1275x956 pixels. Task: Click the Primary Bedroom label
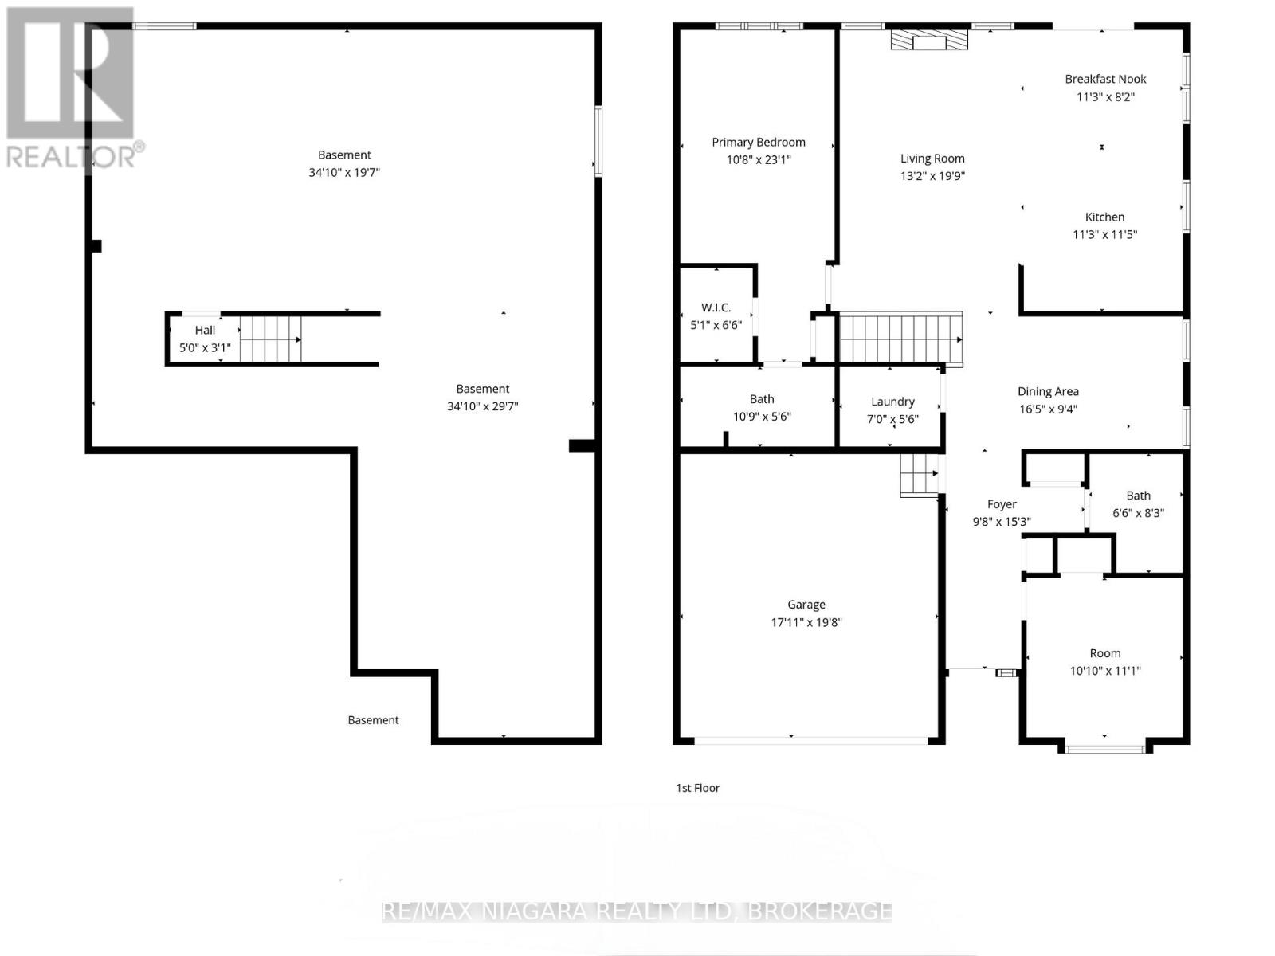[x=758, y=143]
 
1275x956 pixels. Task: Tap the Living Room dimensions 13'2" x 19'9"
[x=932, y=176]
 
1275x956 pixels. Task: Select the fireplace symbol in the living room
[x=929, y=40]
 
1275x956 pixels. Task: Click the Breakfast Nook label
[x=1104, y=79]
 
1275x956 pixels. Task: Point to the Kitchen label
[x=1104, y=217]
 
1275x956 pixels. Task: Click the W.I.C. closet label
[x=716, y=308]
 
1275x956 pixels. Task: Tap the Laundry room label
[x=892, y=402]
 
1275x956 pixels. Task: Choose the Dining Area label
[x=1048, y=392]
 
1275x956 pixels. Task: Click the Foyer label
[x=1002, y=504]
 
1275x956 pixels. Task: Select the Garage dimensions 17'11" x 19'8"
[x=806, y=623]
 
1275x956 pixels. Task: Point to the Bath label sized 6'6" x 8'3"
[x=1138, y=496]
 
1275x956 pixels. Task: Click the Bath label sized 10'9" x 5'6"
[x=762, y=399]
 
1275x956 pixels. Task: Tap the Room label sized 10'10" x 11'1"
[x=1104, y=653]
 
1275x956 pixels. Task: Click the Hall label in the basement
[x=205, y=331]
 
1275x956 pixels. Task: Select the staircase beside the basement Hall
[x=271, y=339]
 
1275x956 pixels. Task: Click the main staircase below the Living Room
[x=900, y=339]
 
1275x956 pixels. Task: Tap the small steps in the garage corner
[x=919, y=474]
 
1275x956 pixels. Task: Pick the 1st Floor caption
[x=697, y=788]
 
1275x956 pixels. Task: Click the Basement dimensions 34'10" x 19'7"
[x=344, y=172]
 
